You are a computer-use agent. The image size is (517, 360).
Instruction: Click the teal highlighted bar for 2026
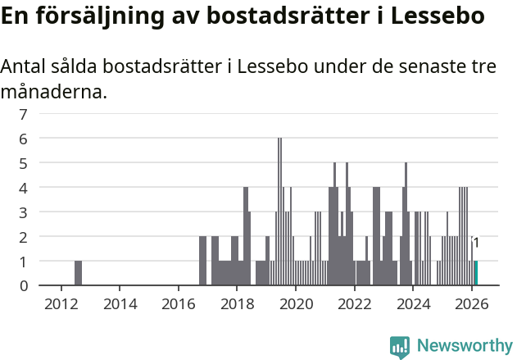[x=476, y=273]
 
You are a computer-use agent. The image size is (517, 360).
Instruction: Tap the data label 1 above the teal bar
[x=476, y=243]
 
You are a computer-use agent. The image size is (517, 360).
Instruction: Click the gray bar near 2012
[x=78, y=273]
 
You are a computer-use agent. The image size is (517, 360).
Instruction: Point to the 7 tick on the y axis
[x=24, y=114]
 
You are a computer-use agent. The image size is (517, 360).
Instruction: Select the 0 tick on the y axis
[x=24, y=285]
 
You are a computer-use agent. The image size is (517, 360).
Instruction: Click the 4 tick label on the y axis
[x=24, y=188]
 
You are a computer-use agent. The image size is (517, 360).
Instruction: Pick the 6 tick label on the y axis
[x=24, y=139]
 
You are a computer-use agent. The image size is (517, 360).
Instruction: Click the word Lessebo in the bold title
[x=438, y=16]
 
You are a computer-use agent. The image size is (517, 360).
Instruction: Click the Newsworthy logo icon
[x=400, y=346]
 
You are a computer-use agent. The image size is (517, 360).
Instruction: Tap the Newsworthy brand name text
[x=465, y=346]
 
